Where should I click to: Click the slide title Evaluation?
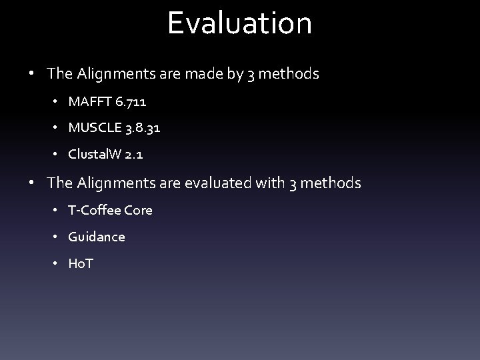click(x=239, y=23)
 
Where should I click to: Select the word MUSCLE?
click(x=93, y=127)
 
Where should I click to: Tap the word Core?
click(x=138, y=210)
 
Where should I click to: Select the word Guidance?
click(x=96, y=237)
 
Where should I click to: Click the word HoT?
click(x=81, y=264)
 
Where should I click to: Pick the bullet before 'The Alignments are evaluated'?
click(x=32, y=183)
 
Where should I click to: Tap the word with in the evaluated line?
click(x=269, y=182)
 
